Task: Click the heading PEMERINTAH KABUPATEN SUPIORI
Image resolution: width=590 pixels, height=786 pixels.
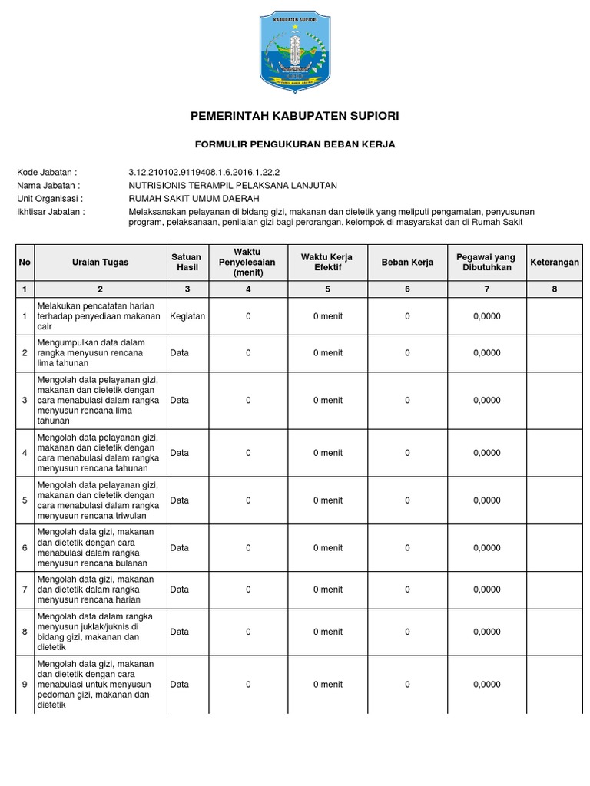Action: (295, 116)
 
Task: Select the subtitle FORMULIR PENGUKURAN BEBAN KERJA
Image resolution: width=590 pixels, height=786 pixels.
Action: (295, 144)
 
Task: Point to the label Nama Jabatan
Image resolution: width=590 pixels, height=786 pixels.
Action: (48, 186)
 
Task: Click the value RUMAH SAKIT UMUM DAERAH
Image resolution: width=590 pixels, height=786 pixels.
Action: (194, 199)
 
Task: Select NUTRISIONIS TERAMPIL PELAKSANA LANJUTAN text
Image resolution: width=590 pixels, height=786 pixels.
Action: (233, 186)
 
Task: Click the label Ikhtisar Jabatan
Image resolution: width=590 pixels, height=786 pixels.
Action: (51, 211)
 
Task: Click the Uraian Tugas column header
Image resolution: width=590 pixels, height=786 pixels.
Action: (100, 263)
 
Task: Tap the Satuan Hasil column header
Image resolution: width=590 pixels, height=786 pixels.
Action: (186, 263)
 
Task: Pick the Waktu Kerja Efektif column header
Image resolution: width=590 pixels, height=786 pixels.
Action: (327, 263)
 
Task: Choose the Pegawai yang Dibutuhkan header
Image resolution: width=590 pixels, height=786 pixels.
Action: (486, 263)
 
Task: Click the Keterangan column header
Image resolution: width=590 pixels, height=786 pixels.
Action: (555, 263)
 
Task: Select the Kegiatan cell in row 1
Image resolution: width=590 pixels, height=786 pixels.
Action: (187, 316)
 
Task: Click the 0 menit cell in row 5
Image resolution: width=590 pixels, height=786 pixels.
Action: (327, 500)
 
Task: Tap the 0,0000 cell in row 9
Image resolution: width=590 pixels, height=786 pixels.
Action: (486, 685)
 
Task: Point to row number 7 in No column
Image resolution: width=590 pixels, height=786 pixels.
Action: (25, 589)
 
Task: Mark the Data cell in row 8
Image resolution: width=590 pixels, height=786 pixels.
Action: (179, 632)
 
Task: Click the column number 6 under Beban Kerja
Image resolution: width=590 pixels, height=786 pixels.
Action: (407, 289)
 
